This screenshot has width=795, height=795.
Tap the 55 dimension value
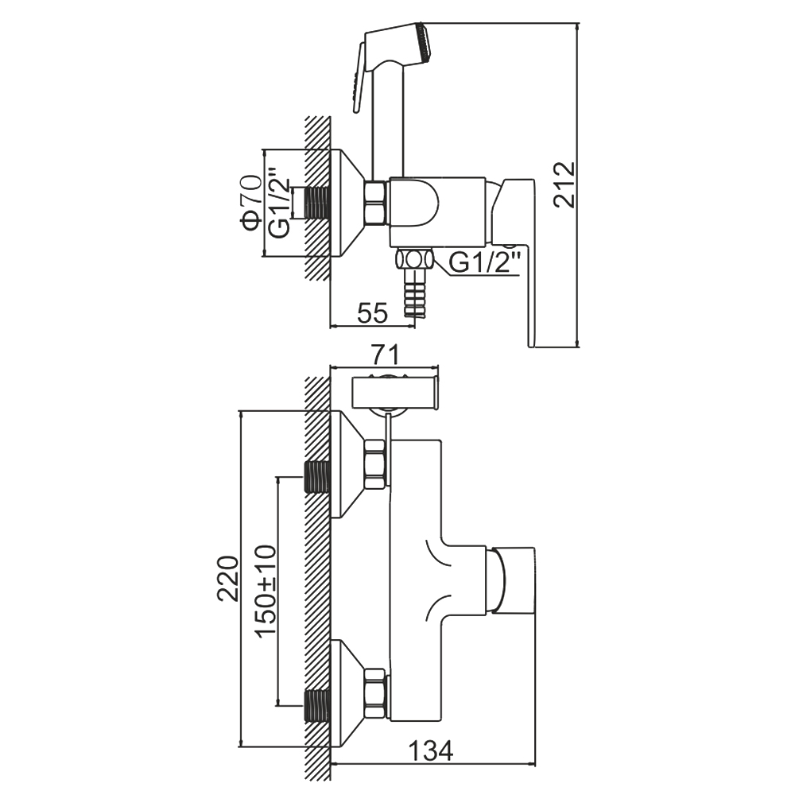(x=372, y=313)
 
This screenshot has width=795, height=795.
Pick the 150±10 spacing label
(x=266, y=591)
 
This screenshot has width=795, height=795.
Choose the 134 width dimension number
(x=430, y=750)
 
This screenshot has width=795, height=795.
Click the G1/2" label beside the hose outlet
(x=485, y=260)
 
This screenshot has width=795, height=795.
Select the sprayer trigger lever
(x=357, y=79)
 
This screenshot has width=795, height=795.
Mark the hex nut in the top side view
(x=374, y=203)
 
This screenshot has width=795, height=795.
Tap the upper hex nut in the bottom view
(x=374, y=464)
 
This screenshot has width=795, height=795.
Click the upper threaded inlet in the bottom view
(x=318, y=477)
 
